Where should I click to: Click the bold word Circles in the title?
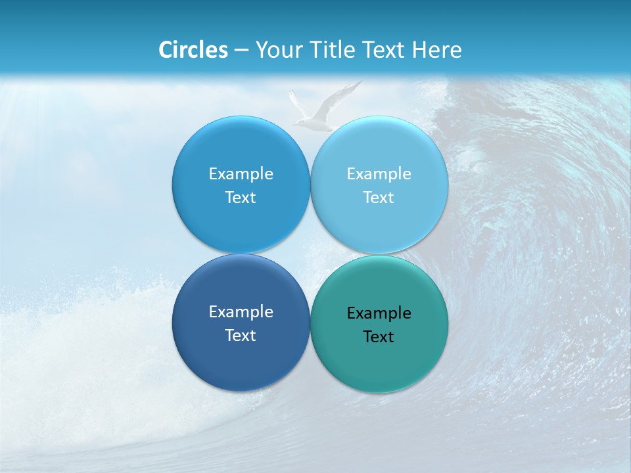pyautogui.click(x=193, y=50)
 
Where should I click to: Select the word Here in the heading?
pyautogui.click(x=437, y=50)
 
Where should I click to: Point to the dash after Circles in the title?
pyautogui.click(x=241, y=51)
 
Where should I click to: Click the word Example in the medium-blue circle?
pyautogui.click(x=241, y=174)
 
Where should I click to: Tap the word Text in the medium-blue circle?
pyautogui.click(x=241, y=198)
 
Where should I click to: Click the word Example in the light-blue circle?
pyautogui.click(x=379, y=174)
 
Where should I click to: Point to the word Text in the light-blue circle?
pyautogui.click(x=379, y=198)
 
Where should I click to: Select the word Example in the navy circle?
pyautogui.click(x=241, y=312)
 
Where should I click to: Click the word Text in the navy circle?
pyautogui.click(x=241, y=336)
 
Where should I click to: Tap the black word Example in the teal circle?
pyautogui.click(x=379, y=313)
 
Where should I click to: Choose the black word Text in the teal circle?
pyautogui.click(x=379, y=337)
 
